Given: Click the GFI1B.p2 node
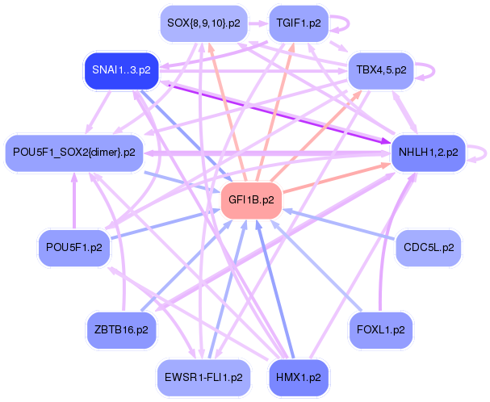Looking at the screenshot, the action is pyautogui.click(x=251, y=200).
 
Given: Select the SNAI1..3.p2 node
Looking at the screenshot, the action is pyautogui.click(x=122, y=70).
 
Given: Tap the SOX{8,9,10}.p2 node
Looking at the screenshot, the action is pyautogui.click(x=203, y=23).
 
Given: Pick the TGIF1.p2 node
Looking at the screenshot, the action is pyautogui.click(x=299, y=23).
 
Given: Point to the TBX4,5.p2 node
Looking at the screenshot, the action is pyautogui.click(x=381, y=70).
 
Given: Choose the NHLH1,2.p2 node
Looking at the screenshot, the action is pyautogui.click(x=429, y=153).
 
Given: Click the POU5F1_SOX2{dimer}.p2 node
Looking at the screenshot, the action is pyautogui.click(x=74, y=153).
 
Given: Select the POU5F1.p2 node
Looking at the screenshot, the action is pyautogui.click(x=74, y=248).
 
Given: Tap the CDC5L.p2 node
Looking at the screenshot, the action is pyautogui.click(x=429, y=248).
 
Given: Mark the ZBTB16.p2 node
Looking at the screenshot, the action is pyautogui.click(x=122, y=330).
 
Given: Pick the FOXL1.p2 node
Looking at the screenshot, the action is pyautogui.click(x=381, y=330).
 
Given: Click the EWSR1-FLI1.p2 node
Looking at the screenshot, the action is pyautogui.click(x=203, y=378).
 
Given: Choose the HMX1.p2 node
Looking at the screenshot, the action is pyautogui.click(x=299, y=378).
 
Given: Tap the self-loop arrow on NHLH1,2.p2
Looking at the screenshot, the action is pyautogui.click(x=486, y=153).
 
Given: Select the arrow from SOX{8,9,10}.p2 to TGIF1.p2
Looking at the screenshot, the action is pyautogui.click(x=258, y=23).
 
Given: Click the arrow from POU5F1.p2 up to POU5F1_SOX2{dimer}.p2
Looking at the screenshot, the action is pyautogui.click(x=74, y=201).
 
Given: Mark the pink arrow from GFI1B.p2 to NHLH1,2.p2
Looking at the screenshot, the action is pyautogui.click(x=337, y=178).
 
